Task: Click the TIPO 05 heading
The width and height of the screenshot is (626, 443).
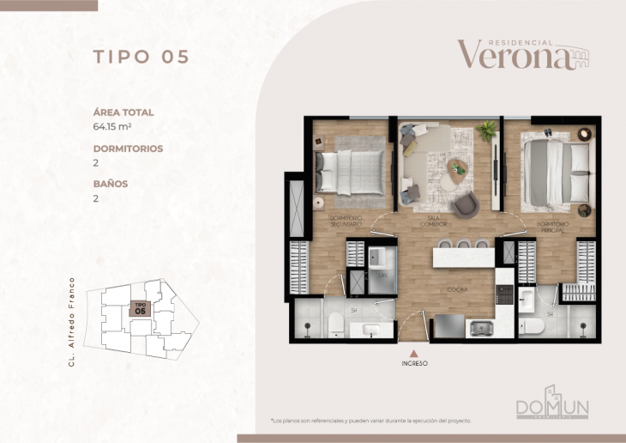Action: (x=141, y=58)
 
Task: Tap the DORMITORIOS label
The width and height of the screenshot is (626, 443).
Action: (x=128, y=149)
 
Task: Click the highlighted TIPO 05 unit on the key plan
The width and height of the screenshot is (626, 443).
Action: (x=140, y=308)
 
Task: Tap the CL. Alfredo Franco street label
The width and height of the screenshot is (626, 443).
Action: (x=73, y=321)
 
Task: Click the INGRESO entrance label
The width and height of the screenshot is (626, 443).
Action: (x=414, y=363)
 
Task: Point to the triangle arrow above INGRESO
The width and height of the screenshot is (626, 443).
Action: (x=414, y=351)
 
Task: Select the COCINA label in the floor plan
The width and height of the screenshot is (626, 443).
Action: (x=456, y=291)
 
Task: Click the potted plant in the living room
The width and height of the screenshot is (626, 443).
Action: (x=488, y=130)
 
